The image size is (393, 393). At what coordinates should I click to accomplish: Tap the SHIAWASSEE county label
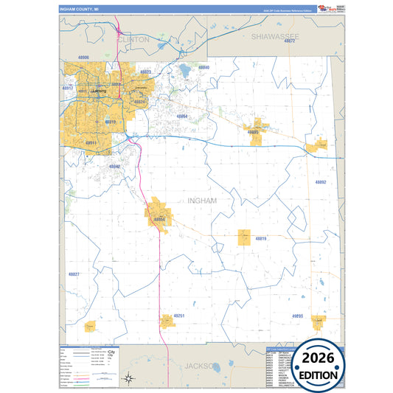(x=274, y=35)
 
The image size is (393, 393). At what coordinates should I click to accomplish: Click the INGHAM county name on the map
(x=201, y=200)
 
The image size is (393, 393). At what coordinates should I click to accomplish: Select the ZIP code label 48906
(x=83, y=57)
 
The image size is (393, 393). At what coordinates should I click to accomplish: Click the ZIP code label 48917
(x=68, y=88)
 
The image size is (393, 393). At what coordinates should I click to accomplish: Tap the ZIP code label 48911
(x=91, y=142)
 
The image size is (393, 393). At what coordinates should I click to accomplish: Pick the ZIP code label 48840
(x=204, y=68)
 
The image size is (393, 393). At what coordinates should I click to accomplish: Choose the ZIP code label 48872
(x=290, y=41)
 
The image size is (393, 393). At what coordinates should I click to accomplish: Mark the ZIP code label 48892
(x=320, y=182)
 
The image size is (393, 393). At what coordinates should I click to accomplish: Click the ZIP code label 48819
(x=261, y=239)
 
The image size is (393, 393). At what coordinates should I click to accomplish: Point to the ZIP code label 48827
(x=74, y=274)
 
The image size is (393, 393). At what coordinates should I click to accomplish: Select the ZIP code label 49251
(x=179, y=316)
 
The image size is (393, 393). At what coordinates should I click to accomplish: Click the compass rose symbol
(x=128, y=378)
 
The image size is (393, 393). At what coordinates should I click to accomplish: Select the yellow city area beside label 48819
(x=244, y=237)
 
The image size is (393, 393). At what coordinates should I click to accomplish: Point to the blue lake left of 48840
(x=184, y=72)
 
